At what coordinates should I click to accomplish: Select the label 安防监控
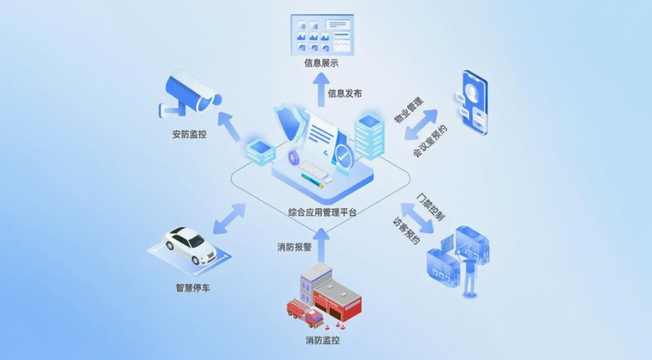[x=189, y=135]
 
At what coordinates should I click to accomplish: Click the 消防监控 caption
[x=323, y=340]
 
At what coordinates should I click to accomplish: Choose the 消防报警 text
[x=294, y=247]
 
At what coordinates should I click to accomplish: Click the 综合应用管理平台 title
[x=322, y=212]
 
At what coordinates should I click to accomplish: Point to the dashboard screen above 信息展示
[x=323, y=34]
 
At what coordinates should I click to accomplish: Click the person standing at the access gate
[x=469, y=277]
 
